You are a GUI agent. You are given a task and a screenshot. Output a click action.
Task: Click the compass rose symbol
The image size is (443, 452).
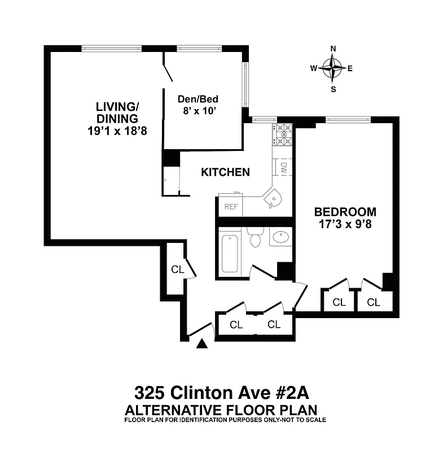click(x=332, y=68)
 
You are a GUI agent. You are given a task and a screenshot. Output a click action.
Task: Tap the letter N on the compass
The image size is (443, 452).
click(x=333, y=49)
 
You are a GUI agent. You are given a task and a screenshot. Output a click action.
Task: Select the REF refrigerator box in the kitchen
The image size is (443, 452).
click(x=231, y=206)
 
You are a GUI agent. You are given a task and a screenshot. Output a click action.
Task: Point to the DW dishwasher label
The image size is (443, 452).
click(x=284, y=167)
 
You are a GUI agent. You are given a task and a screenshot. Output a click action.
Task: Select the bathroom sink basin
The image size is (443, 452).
click(x=280, y=238)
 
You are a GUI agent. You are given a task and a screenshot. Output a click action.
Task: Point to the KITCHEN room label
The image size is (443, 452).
click(x=225, y=172)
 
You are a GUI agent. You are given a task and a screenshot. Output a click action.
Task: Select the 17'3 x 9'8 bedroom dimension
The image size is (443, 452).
click(x=345, y=224)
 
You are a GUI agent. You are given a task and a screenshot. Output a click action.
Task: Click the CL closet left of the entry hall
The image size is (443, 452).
click(x=177, y=270)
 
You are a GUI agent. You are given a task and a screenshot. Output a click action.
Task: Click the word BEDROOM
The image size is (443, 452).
click(x=345, y=212)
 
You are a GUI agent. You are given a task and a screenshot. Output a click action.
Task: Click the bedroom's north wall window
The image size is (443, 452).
click(x=348, y=119)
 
